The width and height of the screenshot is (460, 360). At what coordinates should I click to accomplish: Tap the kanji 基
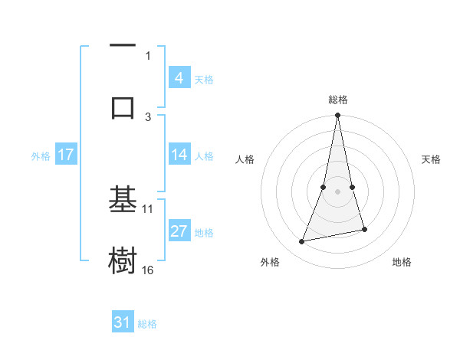[x=123, y=200]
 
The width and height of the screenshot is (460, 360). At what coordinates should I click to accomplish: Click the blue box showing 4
[x=179, y=77]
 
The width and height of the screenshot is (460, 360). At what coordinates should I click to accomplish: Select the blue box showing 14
[x=179, y=155]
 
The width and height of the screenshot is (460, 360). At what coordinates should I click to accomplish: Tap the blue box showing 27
[x=179, y=231]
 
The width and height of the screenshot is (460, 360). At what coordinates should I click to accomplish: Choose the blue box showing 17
[x=66, y=155]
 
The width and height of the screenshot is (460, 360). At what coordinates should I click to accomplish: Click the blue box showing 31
[x=123, y=322]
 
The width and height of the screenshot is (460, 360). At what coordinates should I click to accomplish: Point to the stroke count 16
[x=148, y=270]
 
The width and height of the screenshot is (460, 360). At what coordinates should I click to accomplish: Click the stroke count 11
[x=148, y=208]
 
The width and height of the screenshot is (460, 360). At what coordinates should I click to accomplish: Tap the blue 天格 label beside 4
[x=204, y=79]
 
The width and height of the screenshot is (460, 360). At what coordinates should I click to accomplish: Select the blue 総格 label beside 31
[x=147, y=324]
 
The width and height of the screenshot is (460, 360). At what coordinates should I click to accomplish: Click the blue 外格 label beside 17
[x=41, y=156]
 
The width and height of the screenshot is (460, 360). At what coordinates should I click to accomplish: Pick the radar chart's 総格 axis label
[x=338, y=100]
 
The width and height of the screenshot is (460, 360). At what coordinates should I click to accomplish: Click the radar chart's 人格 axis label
[x=245, y=159]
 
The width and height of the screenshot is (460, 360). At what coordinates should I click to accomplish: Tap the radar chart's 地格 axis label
[x=402, y=262]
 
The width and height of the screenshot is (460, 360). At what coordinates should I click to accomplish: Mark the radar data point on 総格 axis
[x=338, y=115]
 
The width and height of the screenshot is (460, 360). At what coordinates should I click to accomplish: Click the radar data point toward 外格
[x=302, y=242]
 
